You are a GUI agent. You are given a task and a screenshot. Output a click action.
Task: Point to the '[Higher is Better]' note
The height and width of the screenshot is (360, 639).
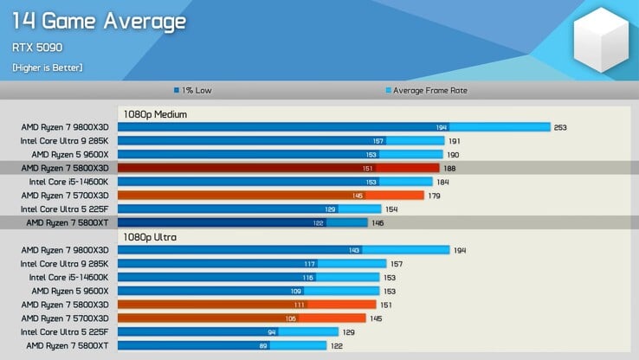48,67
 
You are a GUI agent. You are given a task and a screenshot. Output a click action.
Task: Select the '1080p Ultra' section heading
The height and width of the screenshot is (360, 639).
148,236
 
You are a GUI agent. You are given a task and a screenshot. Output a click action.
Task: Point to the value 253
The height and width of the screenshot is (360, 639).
560,127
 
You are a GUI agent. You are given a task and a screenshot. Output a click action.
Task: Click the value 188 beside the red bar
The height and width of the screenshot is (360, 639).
449,168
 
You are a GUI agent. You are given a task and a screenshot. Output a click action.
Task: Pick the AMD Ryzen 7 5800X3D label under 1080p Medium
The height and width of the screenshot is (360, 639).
65,168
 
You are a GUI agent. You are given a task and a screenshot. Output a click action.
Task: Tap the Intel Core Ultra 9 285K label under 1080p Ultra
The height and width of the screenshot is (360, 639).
64,264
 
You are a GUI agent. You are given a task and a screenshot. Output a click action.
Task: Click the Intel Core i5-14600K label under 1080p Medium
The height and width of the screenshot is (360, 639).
68,182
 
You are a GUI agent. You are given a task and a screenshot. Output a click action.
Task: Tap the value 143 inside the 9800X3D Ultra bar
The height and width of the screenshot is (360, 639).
355,250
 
